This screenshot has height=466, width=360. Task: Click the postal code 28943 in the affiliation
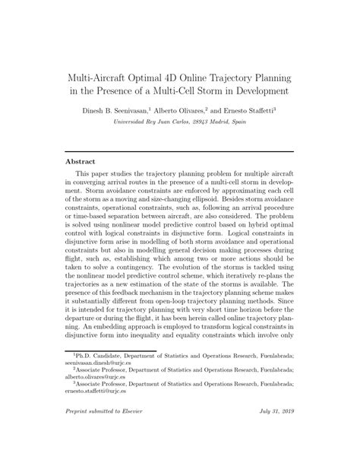201,121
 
